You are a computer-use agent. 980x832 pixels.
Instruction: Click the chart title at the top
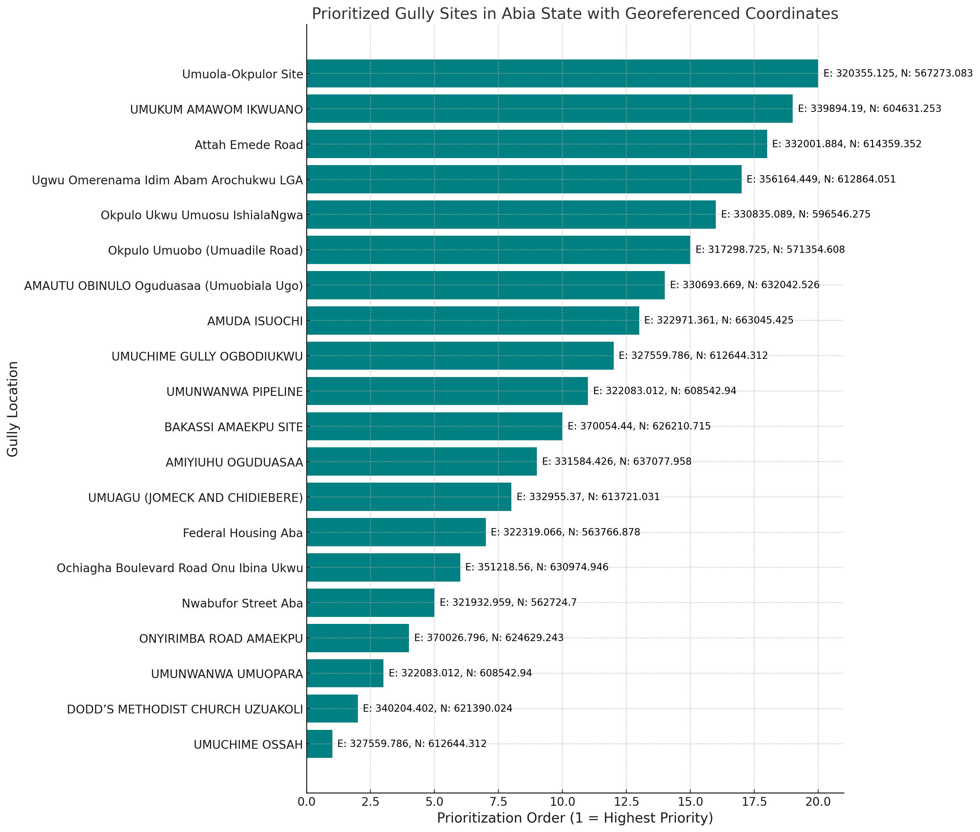[575, 14]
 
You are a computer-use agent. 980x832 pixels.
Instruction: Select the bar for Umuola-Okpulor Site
[562, 73]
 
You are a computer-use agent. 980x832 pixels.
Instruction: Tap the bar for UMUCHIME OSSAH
[319, 744]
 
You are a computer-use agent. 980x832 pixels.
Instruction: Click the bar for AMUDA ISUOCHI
[473, 321]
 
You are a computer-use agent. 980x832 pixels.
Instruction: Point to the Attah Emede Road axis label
[248, 145]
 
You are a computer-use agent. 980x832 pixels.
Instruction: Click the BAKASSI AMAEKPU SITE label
[233, 427]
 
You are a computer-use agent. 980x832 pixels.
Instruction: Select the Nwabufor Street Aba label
[242, 603]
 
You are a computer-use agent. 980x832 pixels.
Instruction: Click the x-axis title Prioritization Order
[575, 818]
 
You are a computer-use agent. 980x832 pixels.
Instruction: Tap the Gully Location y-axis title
[13, 409]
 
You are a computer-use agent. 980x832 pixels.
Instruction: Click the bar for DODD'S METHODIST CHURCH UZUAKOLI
[332, 709]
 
